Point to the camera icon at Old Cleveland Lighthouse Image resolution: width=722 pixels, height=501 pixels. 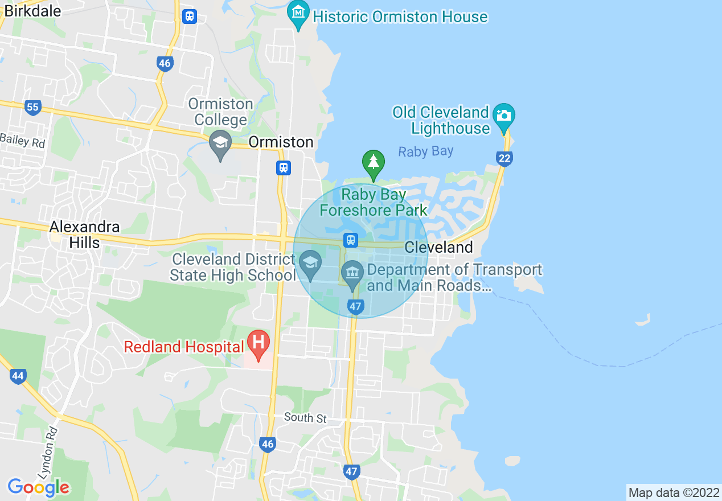point(503,116)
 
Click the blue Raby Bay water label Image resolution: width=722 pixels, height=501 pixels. point(425,151)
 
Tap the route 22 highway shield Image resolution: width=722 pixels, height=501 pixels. point(504,158)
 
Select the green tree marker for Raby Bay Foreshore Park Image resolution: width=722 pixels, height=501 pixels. point(373,163)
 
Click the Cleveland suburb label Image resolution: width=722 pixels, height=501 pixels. point(438,248)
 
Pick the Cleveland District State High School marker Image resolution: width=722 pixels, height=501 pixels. point(310,264)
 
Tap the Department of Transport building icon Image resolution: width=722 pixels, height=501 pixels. point(352,272)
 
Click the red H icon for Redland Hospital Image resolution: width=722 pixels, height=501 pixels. point(259,343)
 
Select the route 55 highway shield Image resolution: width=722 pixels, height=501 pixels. point(33,106)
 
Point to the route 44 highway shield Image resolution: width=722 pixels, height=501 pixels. point(18,376)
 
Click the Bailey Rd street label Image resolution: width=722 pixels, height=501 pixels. point(22,141)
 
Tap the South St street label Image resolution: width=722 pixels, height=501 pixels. point(305,418)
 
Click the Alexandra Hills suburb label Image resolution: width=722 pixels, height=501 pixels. point(84,235)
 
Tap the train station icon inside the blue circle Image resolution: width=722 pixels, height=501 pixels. point(350,240)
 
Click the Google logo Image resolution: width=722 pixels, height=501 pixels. point(38,487)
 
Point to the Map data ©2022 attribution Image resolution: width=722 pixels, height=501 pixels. point(672,492)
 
